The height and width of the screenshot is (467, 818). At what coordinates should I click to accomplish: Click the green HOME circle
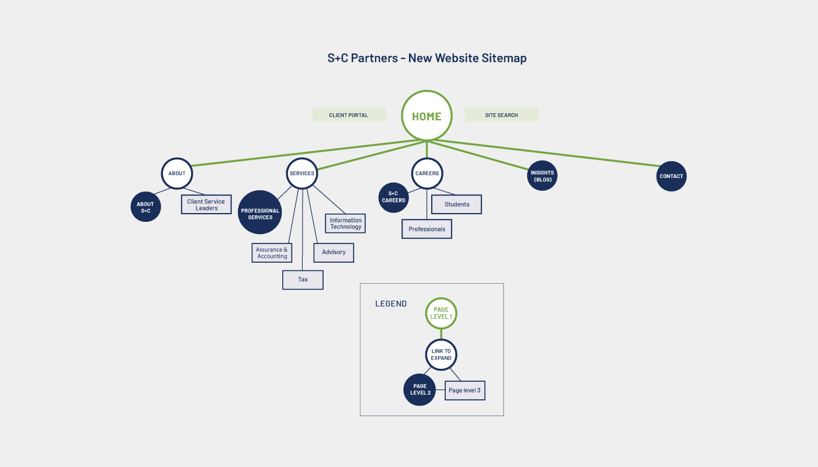(x=427, y=116)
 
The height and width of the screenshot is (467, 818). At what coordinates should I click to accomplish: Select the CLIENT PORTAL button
(x=349, y=115)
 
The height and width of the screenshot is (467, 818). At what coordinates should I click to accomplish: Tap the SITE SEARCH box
(x=501, y=115)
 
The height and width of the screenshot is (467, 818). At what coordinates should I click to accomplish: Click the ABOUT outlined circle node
(x=177, y=173)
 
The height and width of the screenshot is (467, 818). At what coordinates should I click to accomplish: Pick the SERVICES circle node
(x=302, y=173)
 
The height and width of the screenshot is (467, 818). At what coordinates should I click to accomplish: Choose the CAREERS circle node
(x=427, y=173)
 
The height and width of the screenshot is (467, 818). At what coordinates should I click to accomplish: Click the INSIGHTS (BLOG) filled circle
(x=542, y=176)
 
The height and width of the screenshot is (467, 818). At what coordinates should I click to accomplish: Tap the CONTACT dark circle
(x=671, y=176)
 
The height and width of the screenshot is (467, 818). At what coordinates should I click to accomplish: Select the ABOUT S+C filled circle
(x=145, y=207)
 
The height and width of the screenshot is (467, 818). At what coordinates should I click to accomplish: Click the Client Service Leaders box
(x=206, y=205)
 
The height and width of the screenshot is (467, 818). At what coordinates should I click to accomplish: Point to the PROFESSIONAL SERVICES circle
(x=260, y=213)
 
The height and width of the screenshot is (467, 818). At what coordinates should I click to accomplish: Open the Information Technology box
(x=345, y=224)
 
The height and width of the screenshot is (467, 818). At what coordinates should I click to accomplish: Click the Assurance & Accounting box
(x=272, y=253)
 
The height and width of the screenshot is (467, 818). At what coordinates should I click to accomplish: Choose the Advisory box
(x=334, y=252)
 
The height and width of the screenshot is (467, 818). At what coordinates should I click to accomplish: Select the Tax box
(x=303, y=280)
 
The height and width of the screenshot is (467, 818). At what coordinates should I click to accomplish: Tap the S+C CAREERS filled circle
(x=393, y=197)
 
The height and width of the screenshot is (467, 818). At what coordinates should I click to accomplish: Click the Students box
(x=457, y=204)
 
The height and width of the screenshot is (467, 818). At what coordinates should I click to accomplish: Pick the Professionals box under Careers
(x=427, y=229)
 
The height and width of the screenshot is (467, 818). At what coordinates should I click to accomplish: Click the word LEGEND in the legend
(x=391, y=304)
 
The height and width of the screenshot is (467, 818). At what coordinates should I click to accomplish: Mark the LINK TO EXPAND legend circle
(x=441, y=354)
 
